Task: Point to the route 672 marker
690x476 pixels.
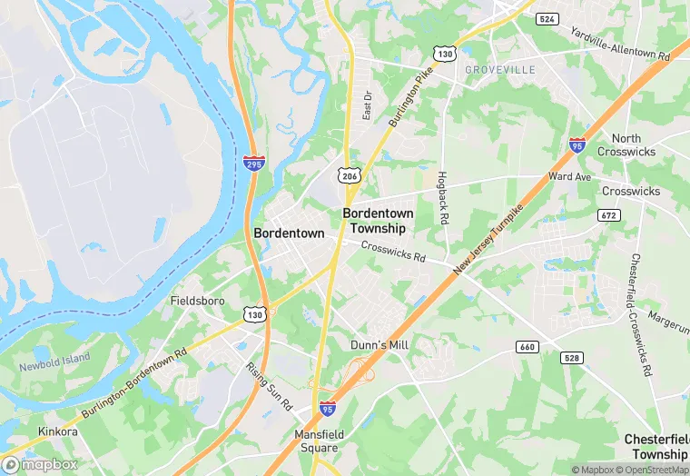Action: [609, 214]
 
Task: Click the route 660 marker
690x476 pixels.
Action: [527, 347]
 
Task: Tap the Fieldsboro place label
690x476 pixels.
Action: [196, 300]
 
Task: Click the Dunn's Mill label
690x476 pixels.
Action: [379, 345]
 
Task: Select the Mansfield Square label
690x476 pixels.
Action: [333, 441]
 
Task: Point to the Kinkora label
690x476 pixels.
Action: [57, 431]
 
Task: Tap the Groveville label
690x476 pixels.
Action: [499, 69]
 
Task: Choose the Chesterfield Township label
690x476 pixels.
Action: [655, 446]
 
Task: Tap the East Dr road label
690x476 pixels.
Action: [368, 105]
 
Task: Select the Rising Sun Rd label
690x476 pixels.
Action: [268, 384]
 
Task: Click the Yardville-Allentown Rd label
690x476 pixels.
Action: [620, 42]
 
